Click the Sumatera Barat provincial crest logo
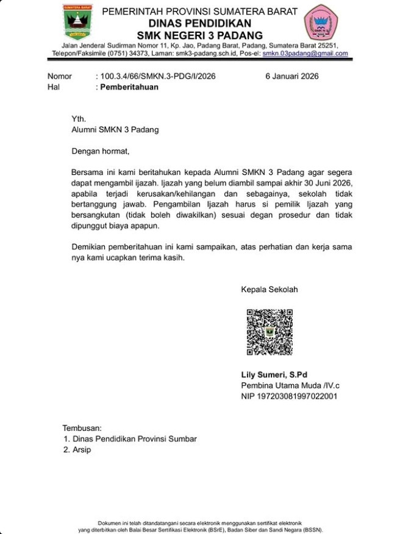pos(77,23)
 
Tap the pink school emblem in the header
pos(320,23)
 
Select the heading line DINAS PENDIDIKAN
pos(199,23)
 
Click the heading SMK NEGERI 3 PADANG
pos(199,35)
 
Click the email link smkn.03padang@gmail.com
pos(305,54)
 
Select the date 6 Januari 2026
pos(291,76)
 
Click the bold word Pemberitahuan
pos(129,87)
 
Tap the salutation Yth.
pos(79,119)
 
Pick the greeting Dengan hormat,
pos(101,151)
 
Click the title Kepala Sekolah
pos(270,290)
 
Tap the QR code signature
pos(270,332)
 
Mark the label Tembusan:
pos(82,428)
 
